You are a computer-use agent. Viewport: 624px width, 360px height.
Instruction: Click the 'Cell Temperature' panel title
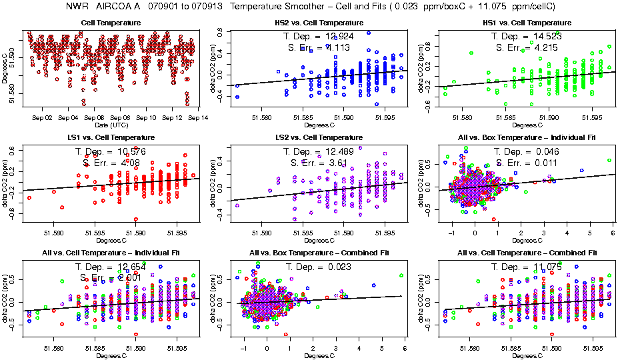click(x=111, y=23)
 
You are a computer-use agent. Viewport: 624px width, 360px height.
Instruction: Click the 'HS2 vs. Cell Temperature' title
click(x=319, y=23)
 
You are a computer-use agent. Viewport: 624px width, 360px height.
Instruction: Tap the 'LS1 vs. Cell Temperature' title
click(x=111, y=137)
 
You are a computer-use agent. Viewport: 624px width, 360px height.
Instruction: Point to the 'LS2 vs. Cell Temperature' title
click(x=319, y=137)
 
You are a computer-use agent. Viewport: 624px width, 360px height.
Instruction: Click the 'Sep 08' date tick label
click(x=120, y=117)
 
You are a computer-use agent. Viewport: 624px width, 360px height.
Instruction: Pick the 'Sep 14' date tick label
click(x=199, y=117)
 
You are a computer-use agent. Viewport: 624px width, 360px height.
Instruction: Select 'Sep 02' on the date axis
click(x=42, y=117)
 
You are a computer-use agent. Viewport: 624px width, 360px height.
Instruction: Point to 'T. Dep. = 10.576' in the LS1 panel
click(x=111, y=151)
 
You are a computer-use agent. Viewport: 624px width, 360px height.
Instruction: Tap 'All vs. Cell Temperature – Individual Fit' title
click(x=111, y=253)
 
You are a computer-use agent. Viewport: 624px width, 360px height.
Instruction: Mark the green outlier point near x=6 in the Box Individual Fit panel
click(x=609, y=160)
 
